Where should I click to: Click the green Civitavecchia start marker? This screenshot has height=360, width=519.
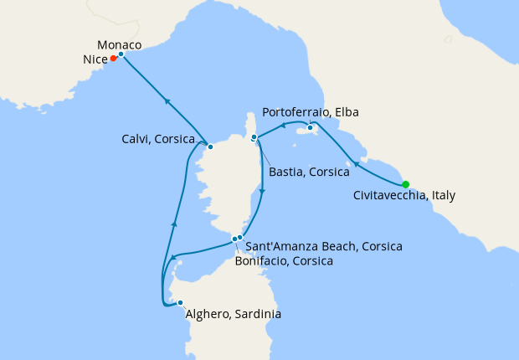coord(406,184)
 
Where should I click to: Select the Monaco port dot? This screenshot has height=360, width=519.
coord(121,54)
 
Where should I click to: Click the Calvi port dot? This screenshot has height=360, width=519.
coord(210,147)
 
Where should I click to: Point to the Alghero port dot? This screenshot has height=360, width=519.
coord(180,303)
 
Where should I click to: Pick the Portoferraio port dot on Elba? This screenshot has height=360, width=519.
coord(310,127)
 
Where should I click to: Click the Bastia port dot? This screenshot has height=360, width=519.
coord(254,136)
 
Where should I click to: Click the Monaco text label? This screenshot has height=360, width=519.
coord(119,44)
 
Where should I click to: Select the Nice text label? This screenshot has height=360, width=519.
coord(95,59)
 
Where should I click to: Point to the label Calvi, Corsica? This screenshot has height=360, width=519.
coord(158,139)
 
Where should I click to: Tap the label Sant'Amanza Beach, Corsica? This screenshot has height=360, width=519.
coord(324,246)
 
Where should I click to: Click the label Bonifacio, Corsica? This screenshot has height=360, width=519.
coord(285,261)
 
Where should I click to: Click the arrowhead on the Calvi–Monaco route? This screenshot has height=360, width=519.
coord(167,100)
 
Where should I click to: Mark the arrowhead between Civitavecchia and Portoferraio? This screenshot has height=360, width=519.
coord(355,163)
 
